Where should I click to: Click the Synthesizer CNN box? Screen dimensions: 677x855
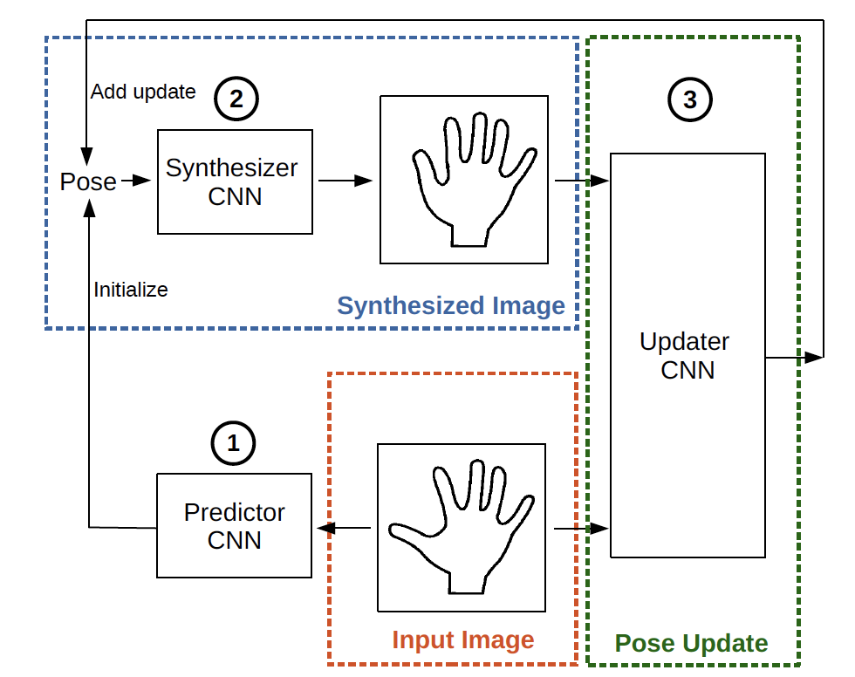(x=235, y=181)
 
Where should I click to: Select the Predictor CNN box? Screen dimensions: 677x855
(x=234, y=525)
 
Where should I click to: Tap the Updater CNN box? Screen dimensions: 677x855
(x=687, y=355)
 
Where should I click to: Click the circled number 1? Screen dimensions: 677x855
(x=233, y=443)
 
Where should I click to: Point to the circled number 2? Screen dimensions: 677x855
(x=236, y=99)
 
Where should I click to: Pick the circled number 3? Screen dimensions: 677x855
(x=690, y=99)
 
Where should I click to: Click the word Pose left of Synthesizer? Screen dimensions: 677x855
(x=88, y=181)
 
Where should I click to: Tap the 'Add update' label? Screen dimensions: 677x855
(x=143, y=92)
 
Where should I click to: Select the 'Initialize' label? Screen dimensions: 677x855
(x=131, y=290)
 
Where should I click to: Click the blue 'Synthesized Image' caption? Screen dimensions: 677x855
(x=451, y=306)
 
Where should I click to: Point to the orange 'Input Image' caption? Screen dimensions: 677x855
(x=462, y=640)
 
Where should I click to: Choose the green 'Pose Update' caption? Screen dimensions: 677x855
(x=692, y=644)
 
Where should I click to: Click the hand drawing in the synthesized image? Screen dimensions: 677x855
(x=471, y=179)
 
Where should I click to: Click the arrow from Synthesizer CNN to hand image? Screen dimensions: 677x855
(x=345, y=181)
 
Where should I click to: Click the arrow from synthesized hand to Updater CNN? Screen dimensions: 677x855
(x=581, y=181)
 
